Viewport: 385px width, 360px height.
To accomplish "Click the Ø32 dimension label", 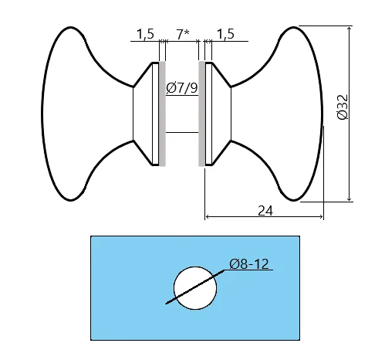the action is point(343,107).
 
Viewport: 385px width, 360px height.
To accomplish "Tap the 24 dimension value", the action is point(265,211).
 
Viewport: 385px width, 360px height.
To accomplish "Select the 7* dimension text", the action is point(183,34).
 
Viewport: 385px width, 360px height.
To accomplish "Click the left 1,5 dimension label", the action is point(145,34).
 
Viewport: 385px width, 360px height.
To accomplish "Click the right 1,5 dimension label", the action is point(225,34).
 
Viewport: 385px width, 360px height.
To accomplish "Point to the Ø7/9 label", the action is point(182,88).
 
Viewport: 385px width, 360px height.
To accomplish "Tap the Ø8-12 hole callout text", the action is point(249,264).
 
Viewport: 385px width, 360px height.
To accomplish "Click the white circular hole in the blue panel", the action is point(195,288).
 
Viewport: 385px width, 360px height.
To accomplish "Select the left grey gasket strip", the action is point(162,114).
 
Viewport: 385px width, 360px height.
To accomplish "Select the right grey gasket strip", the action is point(201,114).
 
